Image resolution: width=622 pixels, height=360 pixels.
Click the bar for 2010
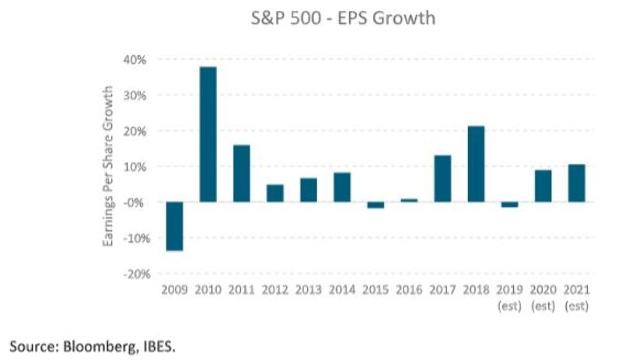pyautogui.click(x=208, y=135)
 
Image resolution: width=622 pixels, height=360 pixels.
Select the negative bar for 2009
pyautogui.click(x=174, y=226)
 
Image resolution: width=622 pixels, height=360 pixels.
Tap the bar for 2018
pyautogui.click(x=476, y=164)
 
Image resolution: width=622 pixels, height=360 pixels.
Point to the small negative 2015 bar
pyautogui.click(x=376, y=205)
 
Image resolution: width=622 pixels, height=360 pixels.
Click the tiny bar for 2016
pyautogui.click(x=409, y=200)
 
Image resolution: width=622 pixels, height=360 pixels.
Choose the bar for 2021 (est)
pyautogui.click(x=576, y=183)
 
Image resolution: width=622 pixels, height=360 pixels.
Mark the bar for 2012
pyautogui.click(x=275, y=193)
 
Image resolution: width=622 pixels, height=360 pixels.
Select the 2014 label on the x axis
pyautogui.click(x=342, y=291)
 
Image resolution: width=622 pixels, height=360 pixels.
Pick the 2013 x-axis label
pyautogui.click(x=309, y=291)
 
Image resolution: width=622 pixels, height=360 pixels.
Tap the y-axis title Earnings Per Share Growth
pyautogui.click(x=110, y=166)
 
